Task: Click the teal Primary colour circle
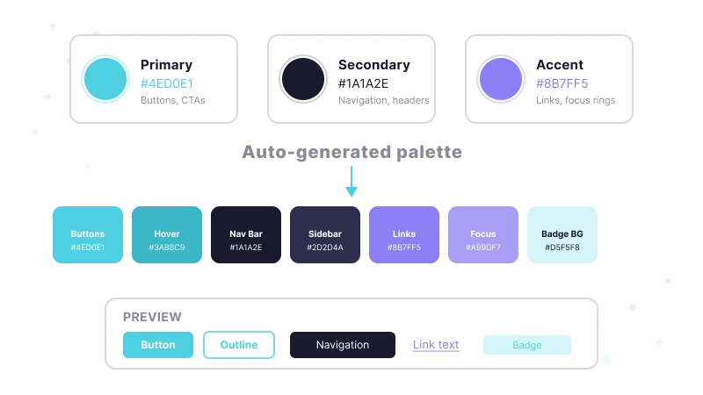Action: click(x=105, y=79)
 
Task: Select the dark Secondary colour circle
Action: click(x=303, y=79)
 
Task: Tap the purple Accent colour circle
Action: click(x=501, y=79)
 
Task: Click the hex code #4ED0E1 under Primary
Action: click(x=167, y=83)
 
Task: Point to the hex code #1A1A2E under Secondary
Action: click(x=363, y=83)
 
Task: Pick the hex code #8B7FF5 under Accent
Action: click(x=562, y=83)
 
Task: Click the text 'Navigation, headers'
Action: click(x=384, y=100)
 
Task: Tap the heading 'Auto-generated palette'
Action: click(x=352, y=152)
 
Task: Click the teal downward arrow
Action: click(x=351, y=182)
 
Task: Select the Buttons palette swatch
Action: click(x=88, y=234)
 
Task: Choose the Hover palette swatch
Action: click(x=167, y=234)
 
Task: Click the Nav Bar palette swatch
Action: click(x=246, y=234)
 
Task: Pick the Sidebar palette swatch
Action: click(x=325, y=234)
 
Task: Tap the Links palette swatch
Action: click(x=404, y=234)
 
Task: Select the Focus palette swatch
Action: click(x=483, y=234)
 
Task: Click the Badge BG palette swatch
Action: click(x=562, y=234)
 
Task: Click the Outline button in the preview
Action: click(x=239, y=345)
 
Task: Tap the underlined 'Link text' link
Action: click(x=436, y=345)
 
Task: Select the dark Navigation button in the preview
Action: click(x=343, y=345)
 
